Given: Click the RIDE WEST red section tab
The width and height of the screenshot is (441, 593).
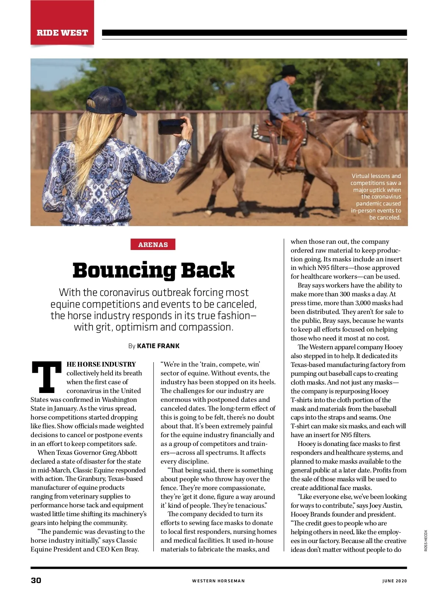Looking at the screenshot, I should (x=62, y=32).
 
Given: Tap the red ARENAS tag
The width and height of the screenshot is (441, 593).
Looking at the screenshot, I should (x=153, y=244).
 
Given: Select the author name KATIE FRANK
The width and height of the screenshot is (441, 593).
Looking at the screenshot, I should (x=158, y=346).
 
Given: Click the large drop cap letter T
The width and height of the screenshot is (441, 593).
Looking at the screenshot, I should (x=47, y=377).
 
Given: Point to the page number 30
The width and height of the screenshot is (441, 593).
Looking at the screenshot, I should (x=36, y=581).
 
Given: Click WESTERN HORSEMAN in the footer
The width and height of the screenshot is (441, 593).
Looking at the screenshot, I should (x=218, y=581).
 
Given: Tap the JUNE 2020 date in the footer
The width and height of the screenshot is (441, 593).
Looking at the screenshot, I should (x=394, y=581).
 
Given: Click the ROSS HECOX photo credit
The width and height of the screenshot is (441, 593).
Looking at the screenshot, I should (x=426, y=540).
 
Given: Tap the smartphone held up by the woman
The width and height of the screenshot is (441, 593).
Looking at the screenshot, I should (x=171, y=126).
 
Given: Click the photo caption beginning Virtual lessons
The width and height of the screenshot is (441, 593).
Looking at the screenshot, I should (x=376, y=197).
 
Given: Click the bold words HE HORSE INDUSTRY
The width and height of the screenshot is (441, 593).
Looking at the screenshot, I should (x=101, y=364).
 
